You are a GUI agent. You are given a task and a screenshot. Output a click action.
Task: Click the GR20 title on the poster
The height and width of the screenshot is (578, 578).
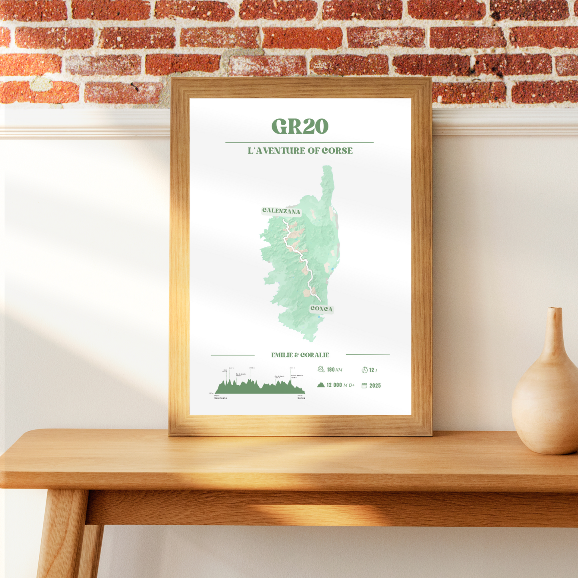click(x=300, y=126)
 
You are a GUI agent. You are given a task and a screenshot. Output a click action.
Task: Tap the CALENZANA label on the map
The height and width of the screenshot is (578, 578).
click(x=281, y=211)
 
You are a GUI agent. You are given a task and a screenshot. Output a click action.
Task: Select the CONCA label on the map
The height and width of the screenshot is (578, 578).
click(x=321, y=309)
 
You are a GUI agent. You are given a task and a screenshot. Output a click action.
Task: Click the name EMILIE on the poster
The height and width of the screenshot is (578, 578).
click(x=282, y=355)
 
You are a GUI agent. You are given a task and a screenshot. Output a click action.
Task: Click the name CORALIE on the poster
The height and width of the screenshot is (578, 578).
click(x=315, y=355)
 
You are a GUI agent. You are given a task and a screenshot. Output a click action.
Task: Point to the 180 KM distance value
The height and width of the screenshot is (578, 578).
click(x=334, y=370)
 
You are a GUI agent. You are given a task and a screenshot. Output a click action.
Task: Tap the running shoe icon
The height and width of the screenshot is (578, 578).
click(x=321, y=369)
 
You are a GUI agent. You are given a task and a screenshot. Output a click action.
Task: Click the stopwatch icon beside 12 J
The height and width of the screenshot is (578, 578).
click(x=364, y=370)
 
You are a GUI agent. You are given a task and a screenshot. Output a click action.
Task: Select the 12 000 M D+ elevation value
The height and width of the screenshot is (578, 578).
click(x=340, y=385)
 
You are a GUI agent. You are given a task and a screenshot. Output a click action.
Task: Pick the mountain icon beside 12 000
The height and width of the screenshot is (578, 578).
click(x=321, y=385)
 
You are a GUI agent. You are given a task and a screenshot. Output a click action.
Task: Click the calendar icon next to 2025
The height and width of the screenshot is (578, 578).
click(x=364, y=386)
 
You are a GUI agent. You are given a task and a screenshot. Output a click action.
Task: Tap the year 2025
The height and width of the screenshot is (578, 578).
click(x=375, y=386)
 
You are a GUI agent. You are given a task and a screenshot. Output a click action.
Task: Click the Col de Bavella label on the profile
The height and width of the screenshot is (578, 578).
click(x=297, y=376)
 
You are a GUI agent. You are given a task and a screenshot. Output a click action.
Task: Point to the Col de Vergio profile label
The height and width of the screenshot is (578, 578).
click(x=241, y=375)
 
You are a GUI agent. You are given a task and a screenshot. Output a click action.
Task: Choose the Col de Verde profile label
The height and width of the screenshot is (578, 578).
click(x=279, y=377)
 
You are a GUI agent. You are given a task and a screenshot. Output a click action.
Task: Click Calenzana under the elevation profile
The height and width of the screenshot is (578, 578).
click(x=220, y=398)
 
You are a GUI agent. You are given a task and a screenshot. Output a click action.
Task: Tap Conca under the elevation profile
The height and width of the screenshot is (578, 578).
click(x=301, y=398)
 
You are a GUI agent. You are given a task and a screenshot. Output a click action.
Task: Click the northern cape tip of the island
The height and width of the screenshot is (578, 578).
click(x=328, y=168)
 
